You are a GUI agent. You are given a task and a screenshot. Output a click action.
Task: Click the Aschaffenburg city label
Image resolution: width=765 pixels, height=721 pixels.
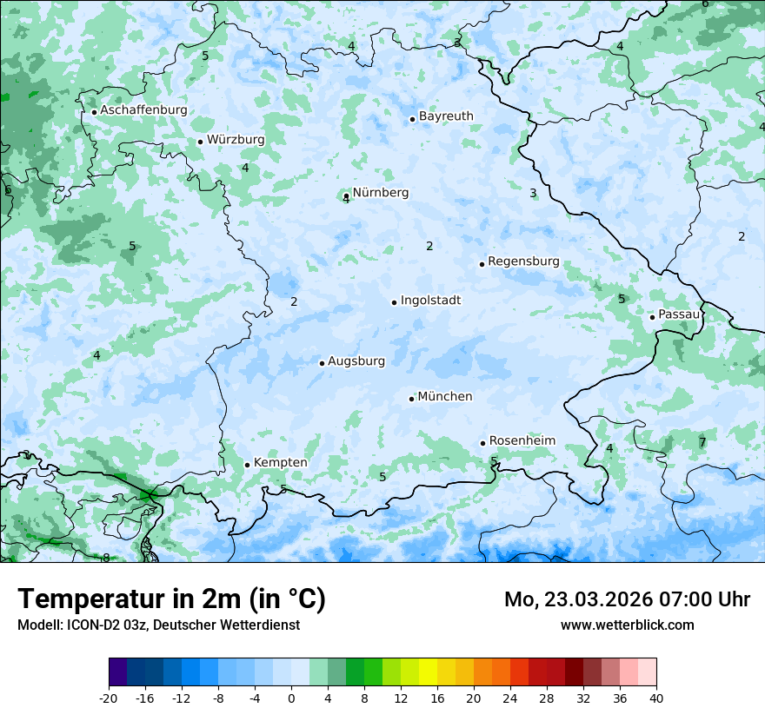143,110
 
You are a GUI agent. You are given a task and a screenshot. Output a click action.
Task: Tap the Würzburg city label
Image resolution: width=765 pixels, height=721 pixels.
236,140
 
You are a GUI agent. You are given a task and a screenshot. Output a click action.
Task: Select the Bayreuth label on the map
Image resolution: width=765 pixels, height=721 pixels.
446,116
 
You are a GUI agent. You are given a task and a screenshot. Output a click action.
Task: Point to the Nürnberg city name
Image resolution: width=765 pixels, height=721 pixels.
380,193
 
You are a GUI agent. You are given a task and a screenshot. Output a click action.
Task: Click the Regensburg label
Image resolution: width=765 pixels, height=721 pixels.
523,261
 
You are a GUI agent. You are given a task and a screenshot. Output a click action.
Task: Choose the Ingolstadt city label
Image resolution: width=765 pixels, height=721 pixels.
430,301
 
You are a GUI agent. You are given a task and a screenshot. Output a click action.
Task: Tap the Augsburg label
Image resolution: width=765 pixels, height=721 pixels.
356,361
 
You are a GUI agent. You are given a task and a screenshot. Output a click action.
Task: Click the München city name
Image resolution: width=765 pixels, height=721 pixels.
445,397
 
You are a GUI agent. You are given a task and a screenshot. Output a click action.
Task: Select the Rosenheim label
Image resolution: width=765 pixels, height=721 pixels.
522,441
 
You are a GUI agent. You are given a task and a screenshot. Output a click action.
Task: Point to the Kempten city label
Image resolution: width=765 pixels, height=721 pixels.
280,463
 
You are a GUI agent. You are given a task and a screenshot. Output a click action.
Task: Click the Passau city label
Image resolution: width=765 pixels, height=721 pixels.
678,314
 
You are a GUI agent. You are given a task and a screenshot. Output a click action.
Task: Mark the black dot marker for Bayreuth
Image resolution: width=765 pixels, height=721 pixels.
412,119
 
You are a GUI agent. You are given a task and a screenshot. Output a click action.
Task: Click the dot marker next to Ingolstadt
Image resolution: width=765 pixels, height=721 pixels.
394,303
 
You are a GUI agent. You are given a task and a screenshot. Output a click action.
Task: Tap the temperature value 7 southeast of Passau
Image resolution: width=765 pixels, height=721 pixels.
702,443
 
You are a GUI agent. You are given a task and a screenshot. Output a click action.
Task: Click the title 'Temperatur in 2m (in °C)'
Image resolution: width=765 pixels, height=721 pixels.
171,599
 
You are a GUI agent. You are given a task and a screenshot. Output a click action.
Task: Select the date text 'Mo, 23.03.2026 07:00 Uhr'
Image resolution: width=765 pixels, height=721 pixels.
627,599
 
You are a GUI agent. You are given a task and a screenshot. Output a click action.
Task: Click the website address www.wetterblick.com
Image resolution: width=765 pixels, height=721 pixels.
627,625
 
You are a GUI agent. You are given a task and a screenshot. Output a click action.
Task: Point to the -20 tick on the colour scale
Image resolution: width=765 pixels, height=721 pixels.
109,698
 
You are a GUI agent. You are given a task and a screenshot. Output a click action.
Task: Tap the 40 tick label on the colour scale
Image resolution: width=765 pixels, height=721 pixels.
655,698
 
